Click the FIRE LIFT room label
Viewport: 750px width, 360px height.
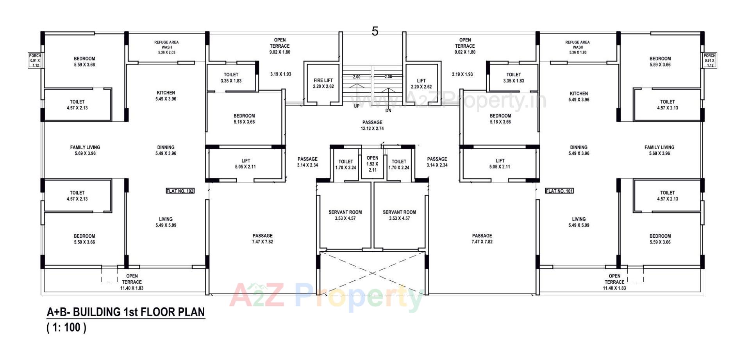323,83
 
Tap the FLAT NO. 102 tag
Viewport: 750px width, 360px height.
180,191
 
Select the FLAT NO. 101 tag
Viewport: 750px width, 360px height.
559,191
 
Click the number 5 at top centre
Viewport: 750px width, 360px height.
375,31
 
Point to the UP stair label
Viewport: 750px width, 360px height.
356,106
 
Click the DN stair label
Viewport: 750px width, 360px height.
388,111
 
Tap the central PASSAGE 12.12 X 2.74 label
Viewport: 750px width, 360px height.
372,125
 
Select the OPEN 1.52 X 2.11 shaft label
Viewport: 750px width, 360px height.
372,164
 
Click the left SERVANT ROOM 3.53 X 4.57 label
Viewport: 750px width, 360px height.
345,215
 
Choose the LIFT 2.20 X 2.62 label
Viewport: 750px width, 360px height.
421,84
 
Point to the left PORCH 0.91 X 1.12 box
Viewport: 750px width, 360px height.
35,61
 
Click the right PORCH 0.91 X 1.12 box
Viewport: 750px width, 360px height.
710,61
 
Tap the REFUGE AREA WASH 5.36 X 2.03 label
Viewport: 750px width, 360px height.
166,47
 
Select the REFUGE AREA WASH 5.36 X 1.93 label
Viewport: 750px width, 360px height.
577,47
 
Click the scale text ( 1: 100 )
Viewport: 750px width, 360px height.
66,327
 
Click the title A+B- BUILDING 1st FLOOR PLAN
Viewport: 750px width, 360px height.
125,312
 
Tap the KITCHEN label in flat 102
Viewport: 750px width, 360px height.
166,96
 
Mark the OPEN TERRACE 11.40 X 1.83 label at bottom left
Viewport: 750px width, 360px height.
132,282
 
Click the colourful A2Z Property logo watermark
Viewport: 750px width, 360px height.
326,297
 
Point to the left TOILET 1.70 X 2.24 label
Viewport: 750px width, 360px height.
345,164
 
